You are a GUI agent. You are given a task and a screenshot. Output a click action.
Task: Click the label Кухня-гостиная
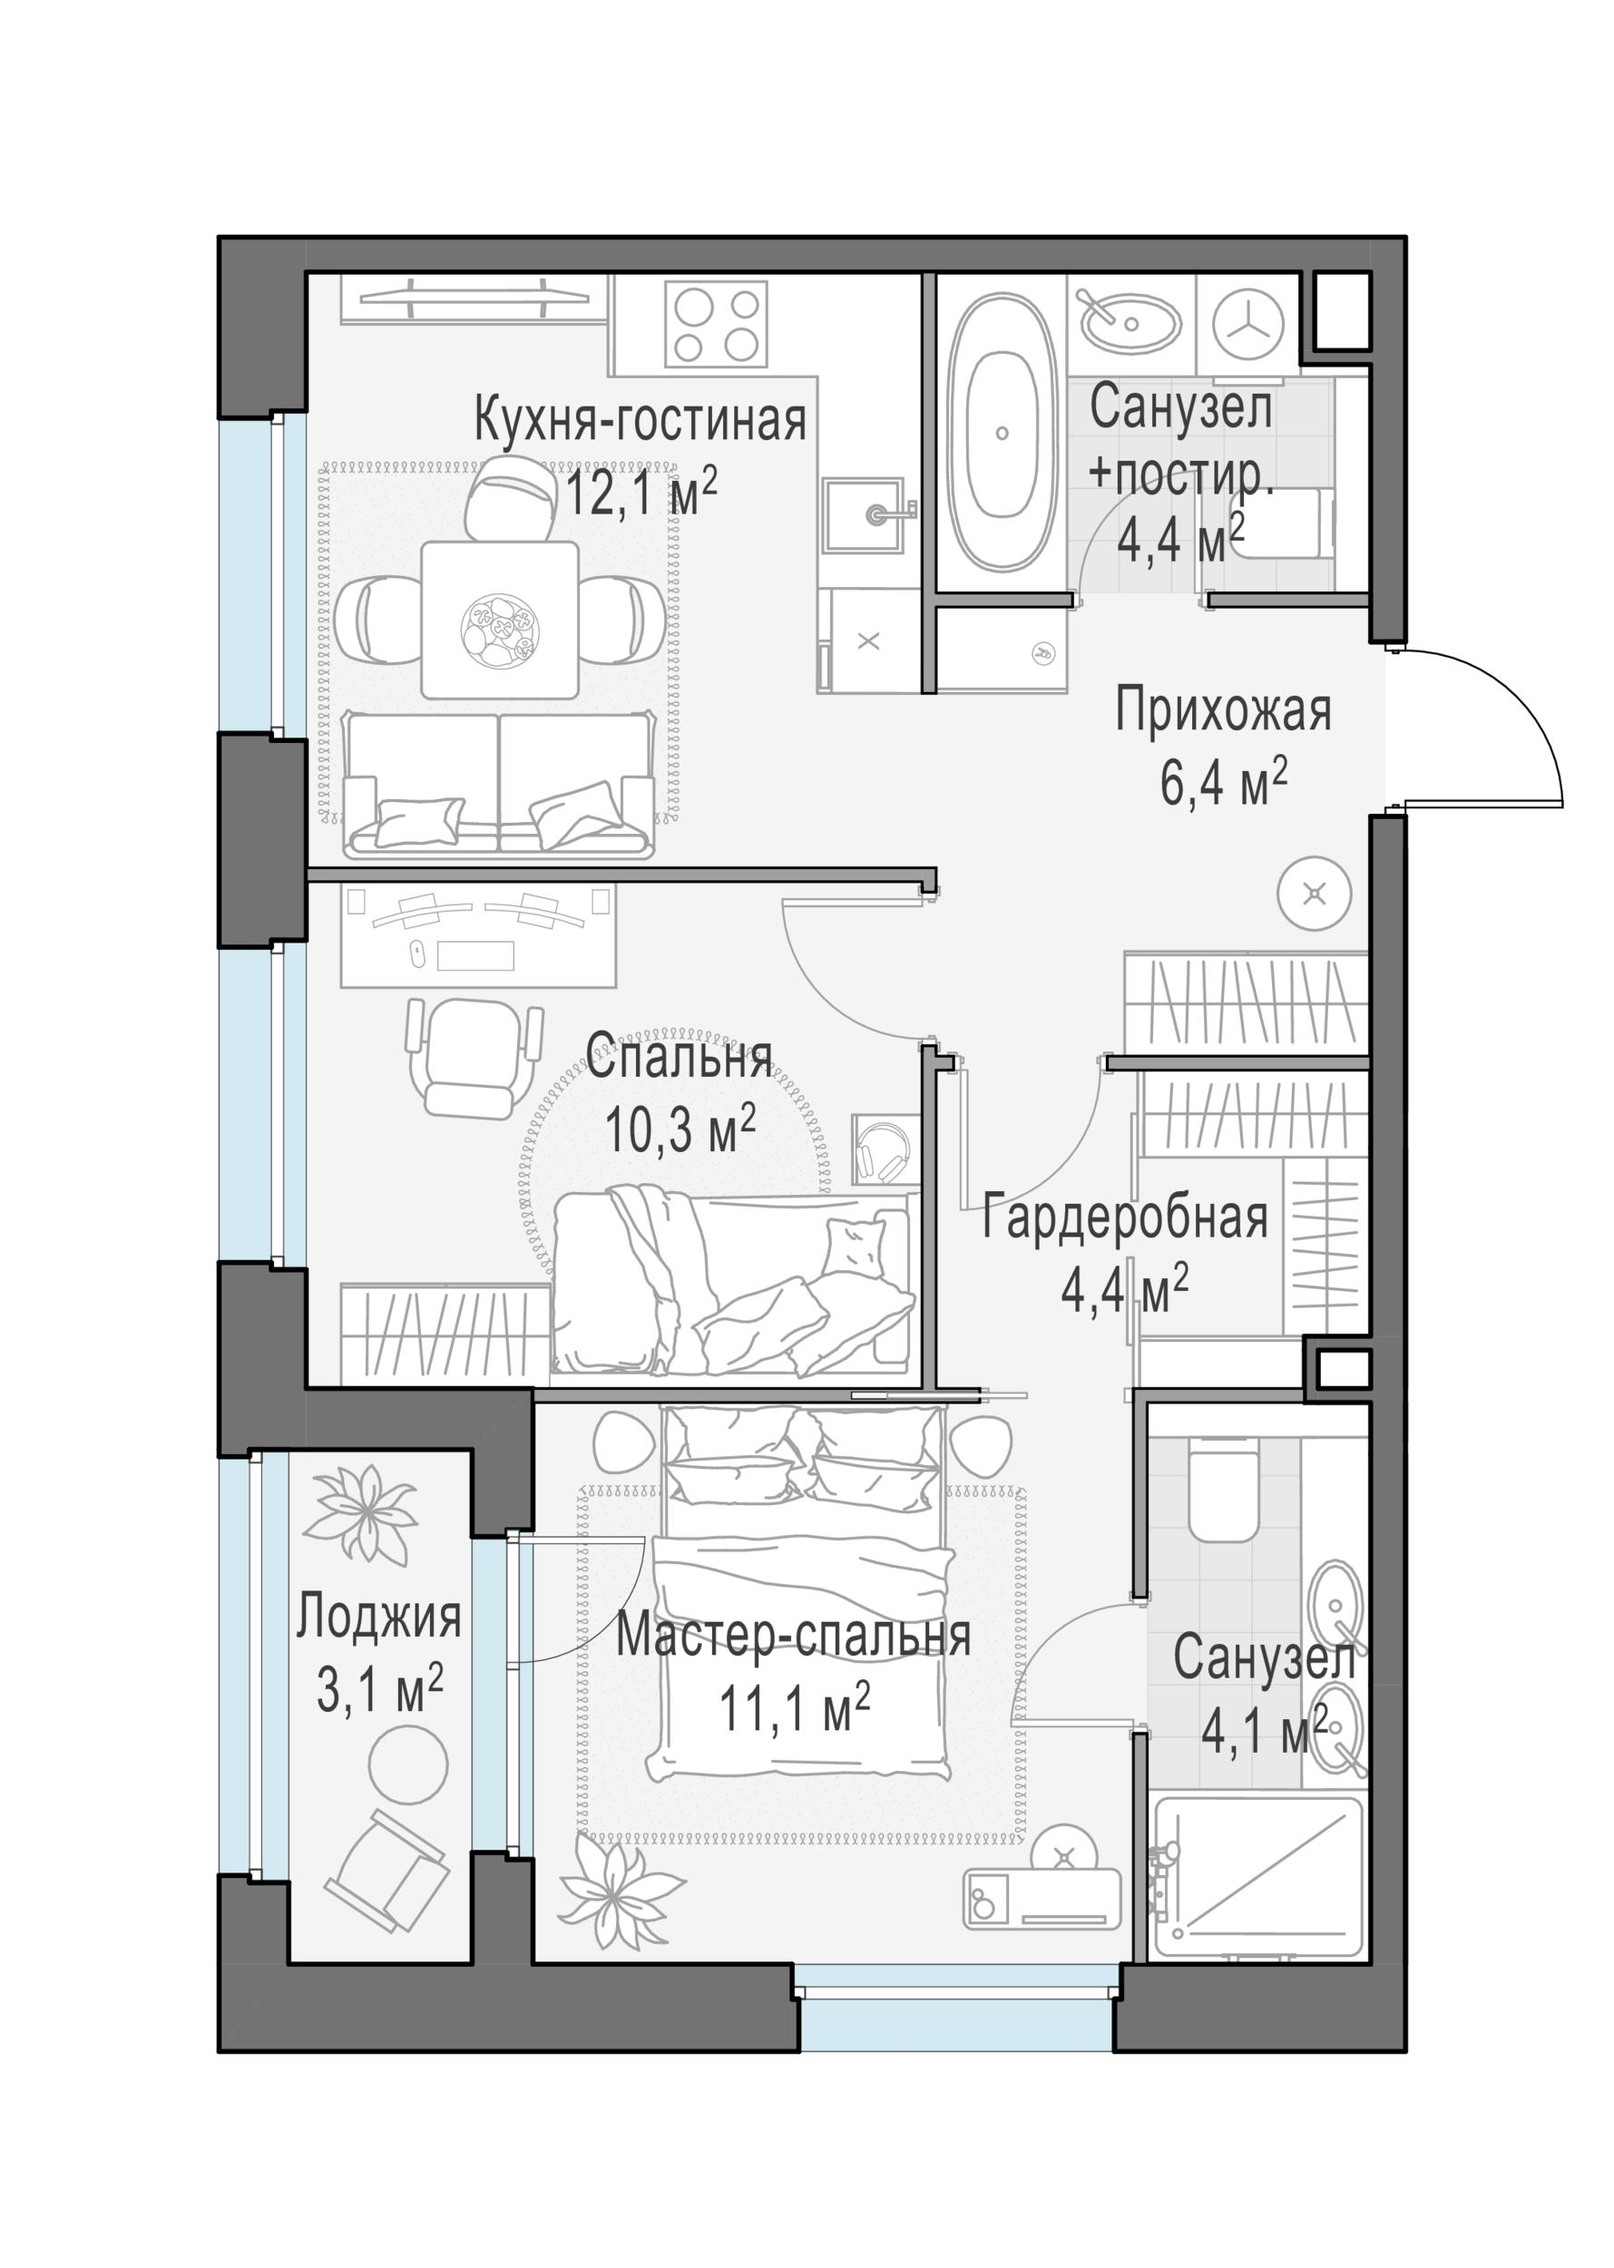click(x=639, y=420)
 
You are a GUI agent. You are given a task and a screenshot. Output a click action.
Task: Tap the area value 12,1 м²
click(x=641, y=491)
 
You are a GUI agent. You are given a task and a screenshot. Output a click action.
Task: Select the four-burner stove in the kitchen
click(x=716, y=324)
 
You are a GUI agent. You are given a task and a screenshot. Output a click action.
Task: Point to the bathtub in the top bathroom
click(x=1001, y=433)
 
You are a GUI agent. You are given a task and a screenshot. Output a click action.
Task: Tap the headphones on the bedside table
click(x=884, y=1151)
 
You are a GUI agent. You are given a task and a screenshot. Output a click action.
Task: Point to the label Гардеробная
click(x=1124, y=1217)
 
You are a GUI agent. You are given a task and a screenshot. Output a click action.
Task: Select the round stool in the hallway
click(x=1314, y=894)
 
